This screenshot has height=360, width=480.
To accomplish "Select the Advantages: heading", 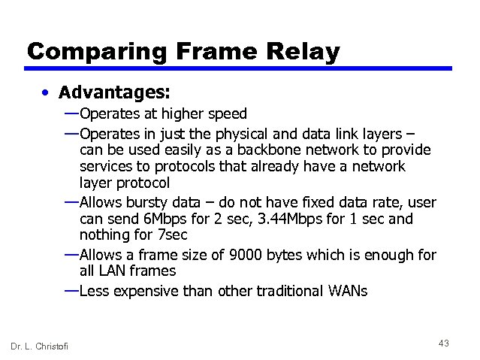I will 115,92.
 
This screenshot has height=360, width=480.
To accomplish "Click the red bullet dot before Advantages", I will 47,93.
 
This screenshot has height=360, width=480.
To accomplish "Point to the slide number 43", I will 443,343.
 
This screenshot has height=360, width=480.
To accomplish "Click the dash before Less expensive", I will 71,289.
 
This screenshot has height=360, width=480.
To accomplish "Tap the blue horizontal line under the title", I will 240,68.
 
